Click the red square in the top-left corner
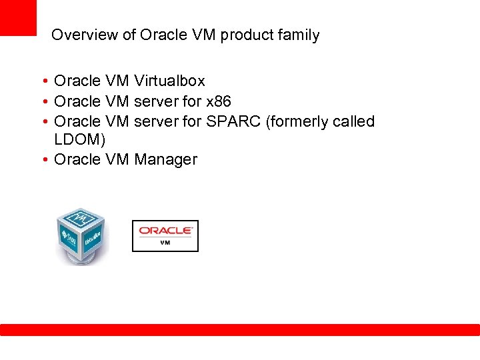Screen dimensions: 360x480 (18, 17)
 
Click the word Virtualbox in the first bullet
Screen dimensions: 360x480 (169, 81)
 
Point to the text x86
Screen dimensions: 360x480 (218, 102)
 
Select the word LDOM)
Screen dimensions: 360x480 (79, 141)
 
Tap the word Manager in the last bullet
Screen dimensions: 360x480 (165, 160)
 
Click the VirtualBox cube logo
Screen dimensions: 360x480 (81, 236)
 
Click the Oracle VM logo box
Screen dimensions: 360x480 (165, 236)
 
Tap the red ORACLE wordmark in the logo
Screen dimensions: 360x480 (165, 231)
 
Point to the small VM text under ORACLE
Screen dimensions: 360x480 (165, 243)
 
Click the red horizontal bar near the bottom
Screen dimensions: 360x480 (240, 330)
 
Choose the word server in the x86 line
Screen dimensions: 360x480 (156, 102)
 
